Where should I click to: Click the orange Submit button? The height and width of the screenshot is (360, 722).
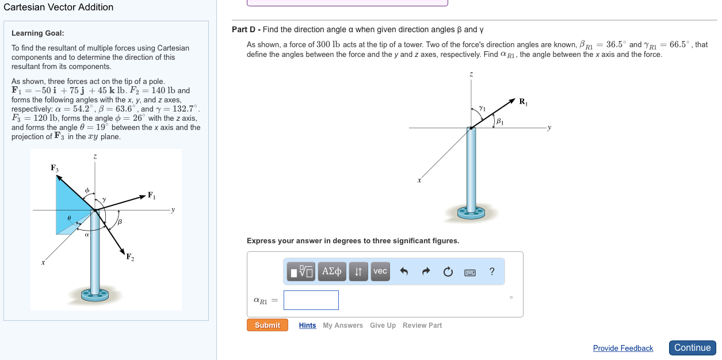click(267, 325)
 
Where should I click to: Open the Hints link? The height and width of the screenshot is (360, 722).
click(307, 325)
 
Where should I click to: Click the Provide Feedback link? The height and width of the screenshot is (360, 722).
click(622, 348)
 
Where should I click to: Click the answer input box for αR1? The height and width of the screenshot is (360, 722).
click(311, 300)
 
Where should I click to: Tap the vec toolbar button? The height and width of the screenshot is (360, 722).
click(380, 271)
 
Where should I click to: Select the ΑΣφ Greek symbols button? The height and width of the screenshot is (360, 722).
click(332, 271)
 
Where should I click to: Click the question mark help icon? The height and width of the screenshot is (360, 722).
click(491, 271)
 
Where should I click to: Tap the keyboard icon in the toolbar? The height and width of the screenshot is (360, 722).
click(469, 273)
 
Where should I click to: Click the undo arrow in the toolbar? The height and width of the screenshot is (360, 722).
click(404, 271)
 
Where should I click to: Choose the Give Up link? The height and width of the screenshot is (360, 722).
click(383, 325)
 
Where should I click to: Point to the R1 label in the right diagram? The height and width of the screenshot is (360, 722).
click(524, 102)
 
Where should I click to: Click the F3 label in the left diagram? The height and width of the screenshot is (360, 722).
click(55, 168)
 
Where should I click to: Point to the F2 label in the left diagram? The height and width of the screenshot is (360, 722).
click(130, 257)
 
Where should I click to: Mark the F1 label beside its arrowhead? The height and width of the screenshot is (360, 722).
click(151, 196)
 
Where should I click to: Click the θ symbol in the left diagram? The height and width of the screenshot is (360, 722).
click(69, 218)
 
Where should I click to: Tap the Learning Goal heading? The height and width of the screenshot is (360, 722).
click(38, 33)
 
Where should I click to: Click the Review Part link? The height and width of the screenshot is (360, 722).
click(422, 325)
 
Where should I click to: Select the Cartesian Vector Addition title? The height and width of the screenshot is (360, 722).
click(58, 7)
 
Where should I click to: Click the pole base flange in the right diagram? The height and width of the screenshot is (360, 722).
click(471, 213)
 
